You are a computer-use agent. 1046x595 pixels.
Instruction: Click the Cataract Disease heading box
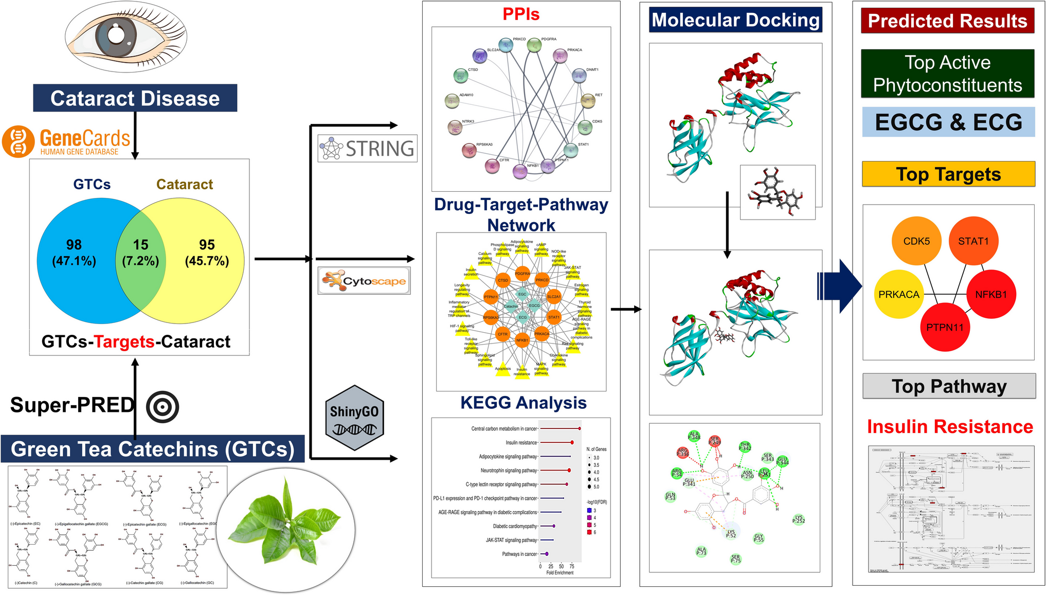coord(135,98)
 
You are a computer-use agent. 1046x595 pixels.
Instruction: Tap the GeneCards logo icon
coord(18,141)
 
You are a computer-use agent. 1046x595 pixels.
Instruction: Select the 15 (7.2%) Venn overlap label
coord(140,253)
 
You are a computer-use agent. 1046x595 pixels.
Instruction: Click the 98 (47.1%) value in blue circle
coord(74,253)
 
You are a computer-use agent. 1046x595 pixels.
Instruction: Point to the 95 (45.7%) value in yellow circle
coord(207,253)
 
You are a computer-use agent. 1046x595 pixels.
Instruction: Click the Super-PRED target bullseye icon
coord(163,407)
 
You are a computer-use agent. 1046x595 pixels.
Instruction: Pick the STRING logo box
coord(367,149)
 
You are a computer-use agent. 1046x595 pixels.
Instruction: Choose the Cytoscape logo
coord(364,281)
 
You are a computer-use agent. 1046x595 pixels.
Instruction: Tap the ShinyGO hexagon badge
coord(354,418)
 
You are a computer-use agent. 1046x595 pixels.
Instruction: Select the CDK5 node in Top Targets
coord(916,241)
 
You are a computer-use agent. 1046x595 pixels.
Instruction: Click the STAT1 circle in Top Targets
coord(973,241)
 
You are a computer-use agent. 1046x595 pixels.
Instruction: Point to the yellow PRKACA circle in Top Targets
coord(898,294)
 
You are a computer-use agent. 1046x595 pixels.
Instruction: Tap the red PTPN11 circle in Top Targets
coord(945,327)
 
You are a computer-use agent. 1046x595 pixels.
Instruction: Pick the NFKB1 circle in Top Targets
coord(991,294)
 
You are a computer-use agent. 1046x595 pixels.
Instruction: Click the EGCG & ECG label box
coord(948,122)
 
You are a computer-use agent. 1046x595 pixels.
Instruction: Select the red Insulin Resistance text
coord(950,427)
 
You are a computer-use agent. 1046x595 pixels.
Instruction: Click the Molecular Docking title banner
coord(735,20)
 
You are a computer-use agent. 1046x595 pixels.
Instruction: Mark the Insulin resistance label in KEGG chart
coord(521,443)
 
